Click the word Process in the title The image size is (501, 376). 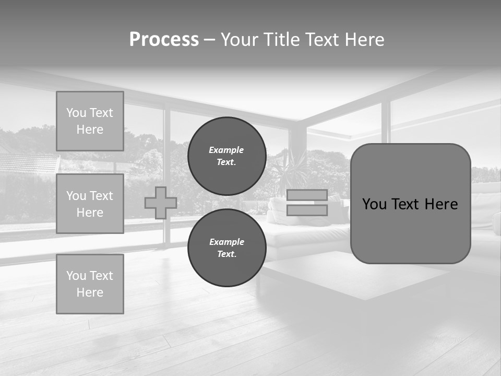click(164, 40)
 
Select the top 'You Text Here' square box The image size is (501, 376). click(90, 121)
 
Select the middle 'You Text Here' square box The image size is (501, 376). click(90, 204)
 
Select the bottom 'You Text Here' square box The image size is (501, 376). click(90, 284)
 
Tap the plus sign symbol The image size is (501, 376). click(161, 203)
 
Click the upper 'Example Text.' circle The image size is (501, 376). click(226, 156)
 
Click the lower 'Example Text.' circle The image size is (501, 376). click(226, 248)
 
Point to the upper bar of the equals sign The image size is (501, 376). click(307, 195)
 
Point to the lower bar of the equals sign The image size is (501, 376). click(307, 210)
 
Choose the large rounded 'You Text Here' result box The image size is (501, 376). click(410, 203)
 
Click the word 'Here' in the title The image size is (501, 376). click(364, 40)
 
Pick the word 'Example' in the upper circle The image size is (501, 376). click(226, 150)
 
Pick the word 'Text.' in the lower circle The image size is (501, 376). click(226, 254)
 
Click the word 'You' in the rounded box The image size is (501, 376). click(374, 204)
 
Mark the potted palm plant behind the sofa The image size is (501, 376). click(288, 167)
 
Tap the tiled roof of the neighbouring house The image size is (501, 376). click(29, 163)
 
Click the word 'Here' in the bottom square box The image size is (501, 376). click(90, 292)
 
